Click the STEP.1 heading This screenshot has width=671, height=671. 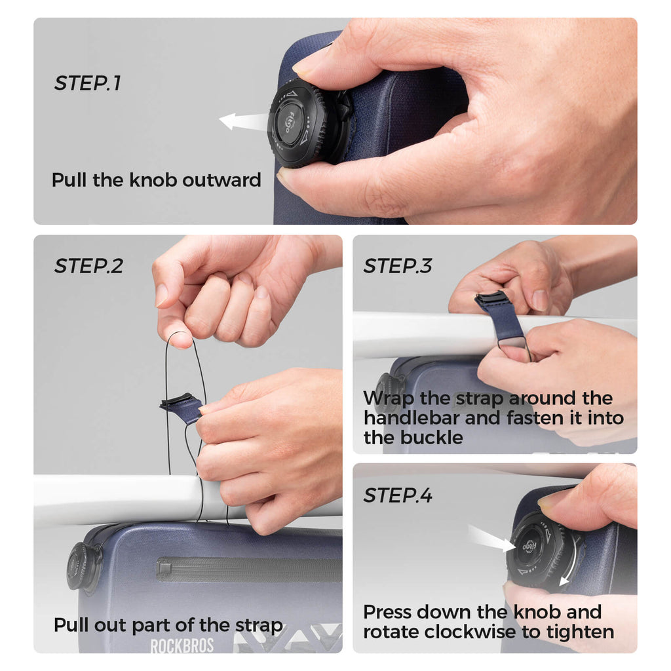88,83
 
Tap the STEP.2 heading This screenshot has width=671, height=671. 88,266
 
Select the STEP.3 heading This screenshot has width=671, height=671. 398,266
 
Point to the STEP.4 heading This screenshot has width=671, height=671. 398,495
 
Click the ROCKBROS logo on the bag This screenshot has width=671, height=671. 182,645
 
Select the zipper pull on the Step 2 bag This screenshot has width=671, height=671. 165,569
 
